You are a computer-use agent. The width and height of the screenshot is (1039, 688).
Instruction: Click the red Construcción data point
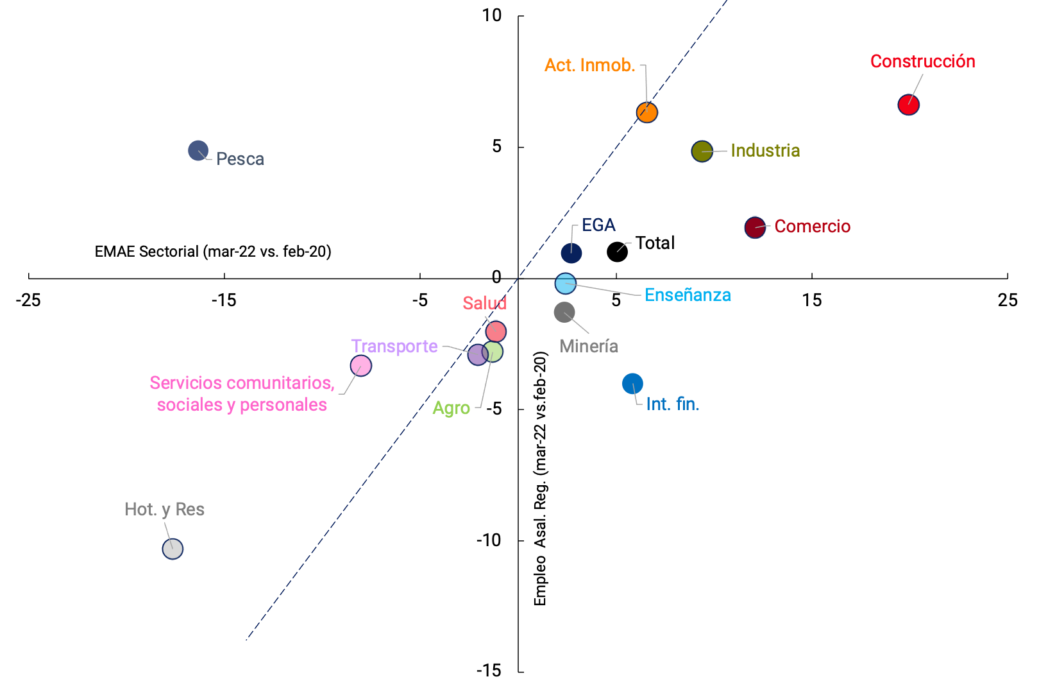(x=908, y=105)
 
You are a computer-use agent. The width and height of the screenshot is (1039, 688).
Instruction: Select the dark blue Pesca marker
(x=198, y=151)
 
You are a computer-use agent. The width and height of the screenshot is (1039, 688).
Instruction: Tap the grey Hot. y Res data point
(x=173, y=549)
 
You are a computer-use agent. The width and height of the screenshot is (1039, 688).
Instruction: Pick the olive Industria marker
(x=702, y=151)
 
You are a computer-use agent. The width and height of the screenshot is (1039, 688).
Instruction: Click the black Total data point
(x=617, y=252)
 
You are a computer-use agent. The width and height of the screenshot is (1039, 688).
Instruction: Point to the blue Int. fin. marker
(x=632, y=384)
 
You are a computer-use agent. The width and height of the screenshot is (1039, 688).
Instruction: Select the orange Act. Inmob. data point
(x=647, y=112)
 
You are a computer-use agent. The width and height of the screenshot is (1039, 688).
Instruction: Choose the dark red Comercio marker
(x=755, y=227)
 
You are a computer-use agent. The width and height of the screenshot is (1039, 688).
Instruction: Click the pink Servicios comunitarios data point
(x=361, y=366)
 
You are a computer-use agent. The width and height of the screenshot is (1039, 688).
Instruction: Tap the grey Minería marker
(x=564, y=313)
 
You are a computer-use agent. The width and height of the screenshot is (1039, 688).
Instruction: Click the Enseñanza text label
(x=688, y=295)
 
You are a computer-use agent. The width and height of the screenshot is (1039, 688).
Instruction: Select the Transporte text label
(x=394, y=347)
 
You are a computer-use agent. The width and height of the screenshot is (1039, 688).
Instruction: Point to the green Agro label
(x=451, y=408)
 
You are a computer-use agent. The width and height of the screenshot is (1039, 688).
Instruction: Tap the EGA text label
(x=598, y=225)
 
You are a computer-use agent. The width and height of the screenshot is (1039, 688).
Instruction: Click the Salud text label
(x=484, y=304)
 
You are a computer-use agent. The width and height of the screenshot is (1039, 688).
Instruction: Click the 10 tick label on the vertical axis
(x=492, y=15)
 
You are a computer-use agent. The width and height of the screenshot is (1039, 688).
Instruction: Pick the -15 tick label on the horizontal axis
(x=224, y=300)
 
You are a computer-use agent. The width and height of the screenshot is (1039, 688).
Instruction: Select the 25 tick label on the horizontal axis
(x=1008, y=300)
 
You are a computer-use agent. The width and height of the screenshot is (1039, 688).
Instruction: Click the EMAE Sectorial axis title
(x=213, y=252)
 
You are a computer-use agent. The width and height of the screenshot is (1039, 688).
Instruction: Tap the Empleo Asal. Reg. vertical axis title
(x=541, y=478)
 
